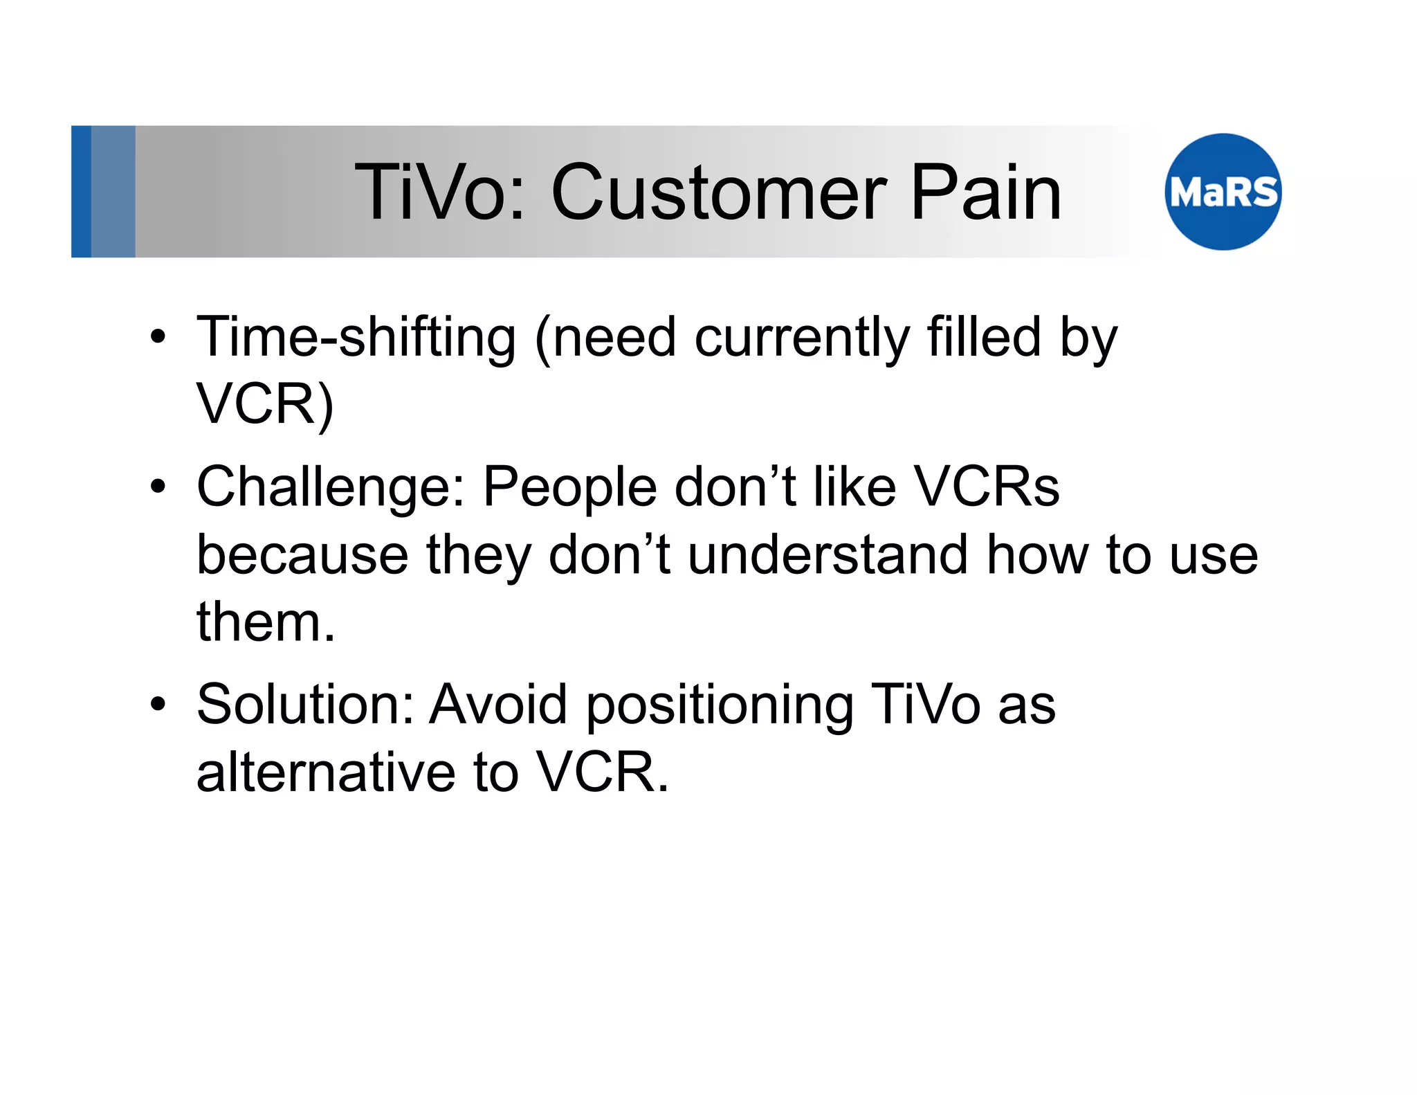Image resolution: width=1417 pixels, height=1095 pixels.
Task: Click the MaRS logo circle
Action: click(1223, 192)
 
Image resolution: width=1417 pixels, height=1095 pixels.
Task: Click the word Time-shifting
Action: click(356, 338)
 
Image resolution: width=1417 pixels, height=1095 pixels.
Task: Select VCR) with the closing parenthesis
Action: click(265, 405)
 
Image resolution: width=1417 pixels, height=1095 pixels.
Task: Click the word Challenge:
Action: click(331, 488)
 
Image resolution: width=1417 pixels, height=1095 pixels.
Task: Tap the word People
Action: click(569, 488)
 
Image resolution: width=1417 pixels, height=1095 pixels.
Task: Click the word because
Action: click(302, 555)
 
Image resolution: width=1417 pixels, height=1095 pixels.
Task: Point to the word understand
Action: click(828, 555)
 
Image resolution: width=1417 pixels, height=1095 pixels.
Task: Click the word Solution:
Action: click(305, 705)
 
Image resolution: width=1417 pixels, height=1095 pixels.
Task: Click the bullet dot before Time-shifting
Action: click(158, 337)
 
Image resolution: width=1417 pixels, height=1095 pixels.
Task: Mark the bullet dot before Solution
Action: click(158, 704)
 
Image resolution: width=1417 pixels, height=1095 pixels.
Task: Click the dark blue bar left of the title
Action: click(81, 192)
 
